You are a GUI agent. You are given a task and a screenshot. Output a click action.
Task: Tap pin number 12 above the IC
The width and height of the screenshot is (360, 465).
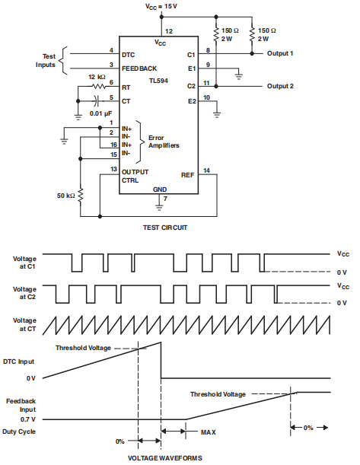click(169, 31)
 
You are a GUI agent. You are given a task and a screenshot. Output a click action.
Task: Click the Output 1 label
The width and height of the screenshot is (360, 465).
click(280, 54)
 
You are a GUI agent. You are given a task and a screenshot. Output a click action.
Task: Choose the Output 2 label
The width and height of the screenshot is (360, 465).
click(280, 86)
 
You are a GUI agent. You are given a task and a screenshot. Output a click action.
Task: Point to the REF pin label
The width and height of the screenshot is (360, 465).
click(187, 174)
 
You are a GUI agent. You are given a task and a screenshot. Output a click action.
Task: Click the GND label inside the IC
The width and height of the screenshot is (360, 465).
click(160, 188)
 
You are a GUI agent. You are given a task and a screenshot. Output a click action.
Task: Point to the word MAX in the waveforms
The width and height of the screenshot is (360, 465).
click(208, 432)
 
